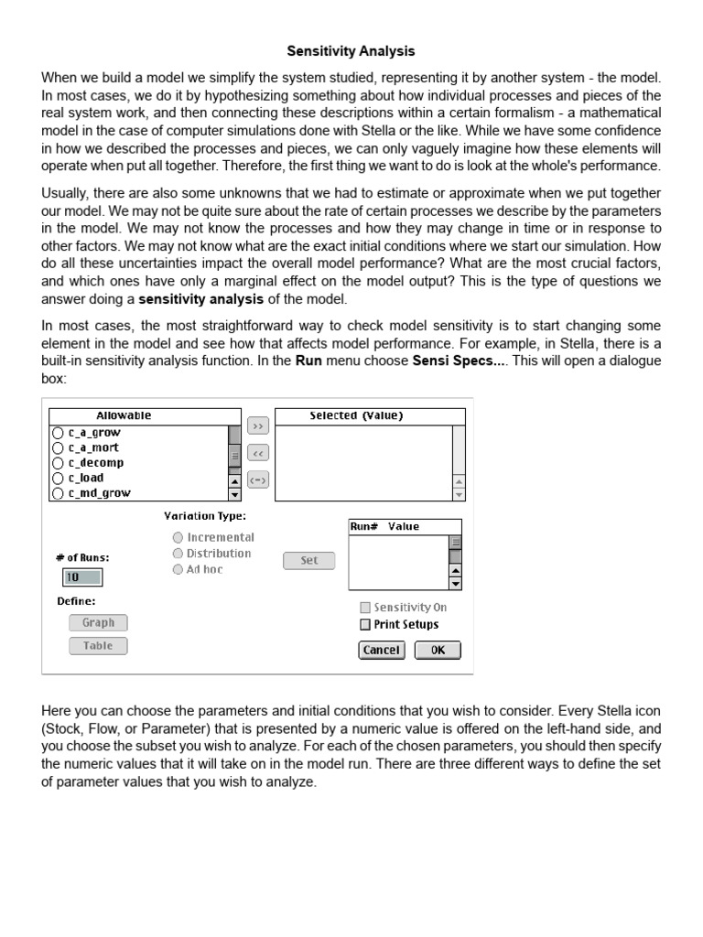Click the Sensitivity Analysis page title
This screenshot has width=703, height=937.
351,52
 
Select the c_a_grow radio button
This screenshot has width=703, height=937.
58,433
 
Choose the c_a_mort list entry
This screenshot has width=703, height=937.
93,447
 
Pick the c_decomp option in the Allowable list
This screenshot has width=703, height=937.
95,463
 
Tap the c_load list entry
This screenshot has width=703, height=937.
86,478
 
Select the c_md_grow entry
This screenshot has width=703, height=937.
99,493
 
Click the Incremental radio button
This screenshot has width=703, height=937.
178,538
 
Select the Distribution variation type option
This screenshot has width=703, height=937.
178,554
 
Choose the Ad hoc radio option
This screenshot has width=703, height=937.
178,569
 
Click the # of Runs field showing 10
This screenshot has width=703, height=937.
81,577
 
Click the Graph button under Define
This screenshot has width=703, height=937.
98,623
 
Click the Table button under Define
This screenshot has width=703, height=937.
98,646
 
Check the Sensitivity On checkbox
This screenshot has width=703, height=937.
365,608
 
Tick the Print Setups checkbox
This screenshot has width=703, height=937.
365,625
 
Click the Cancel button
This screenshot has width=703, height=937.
381,651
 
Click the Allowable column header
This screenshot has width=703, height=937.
124,416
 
